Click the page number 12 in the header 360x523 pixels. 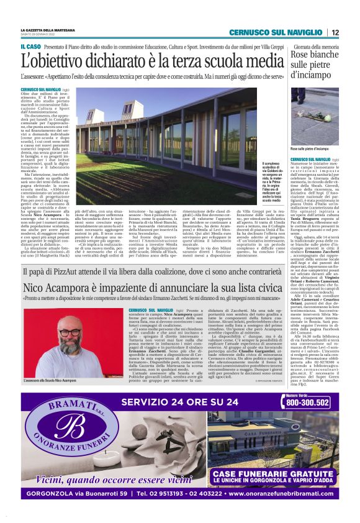[x=335, y=32]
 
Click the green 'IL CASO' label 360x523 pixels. [x=31, y=47]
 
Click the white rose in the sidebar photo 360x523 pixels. [x=312, y=121]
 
